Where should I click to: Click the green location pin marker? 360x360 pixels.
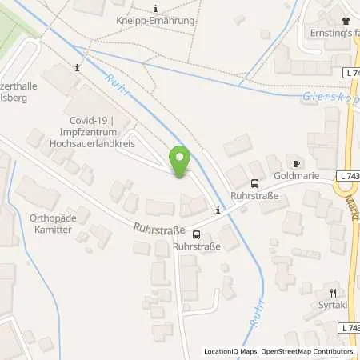[x=180, y=162]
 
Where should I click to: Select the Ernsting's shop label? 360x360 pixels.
[x=332, y=34]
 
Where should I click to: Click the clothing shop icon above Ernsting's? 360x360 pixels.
[x=345, y=21]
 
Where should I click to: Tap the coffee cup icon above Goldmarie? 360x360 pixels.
[x=297, y=163]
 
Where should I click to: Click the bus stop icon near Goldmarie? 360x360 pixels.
[x=255, y=183]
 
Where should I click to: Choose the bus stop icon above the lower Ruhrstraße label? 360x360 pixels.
[x=197, y=235]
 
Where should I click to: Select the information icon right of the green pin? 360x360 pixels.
[x=218, y=210]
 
